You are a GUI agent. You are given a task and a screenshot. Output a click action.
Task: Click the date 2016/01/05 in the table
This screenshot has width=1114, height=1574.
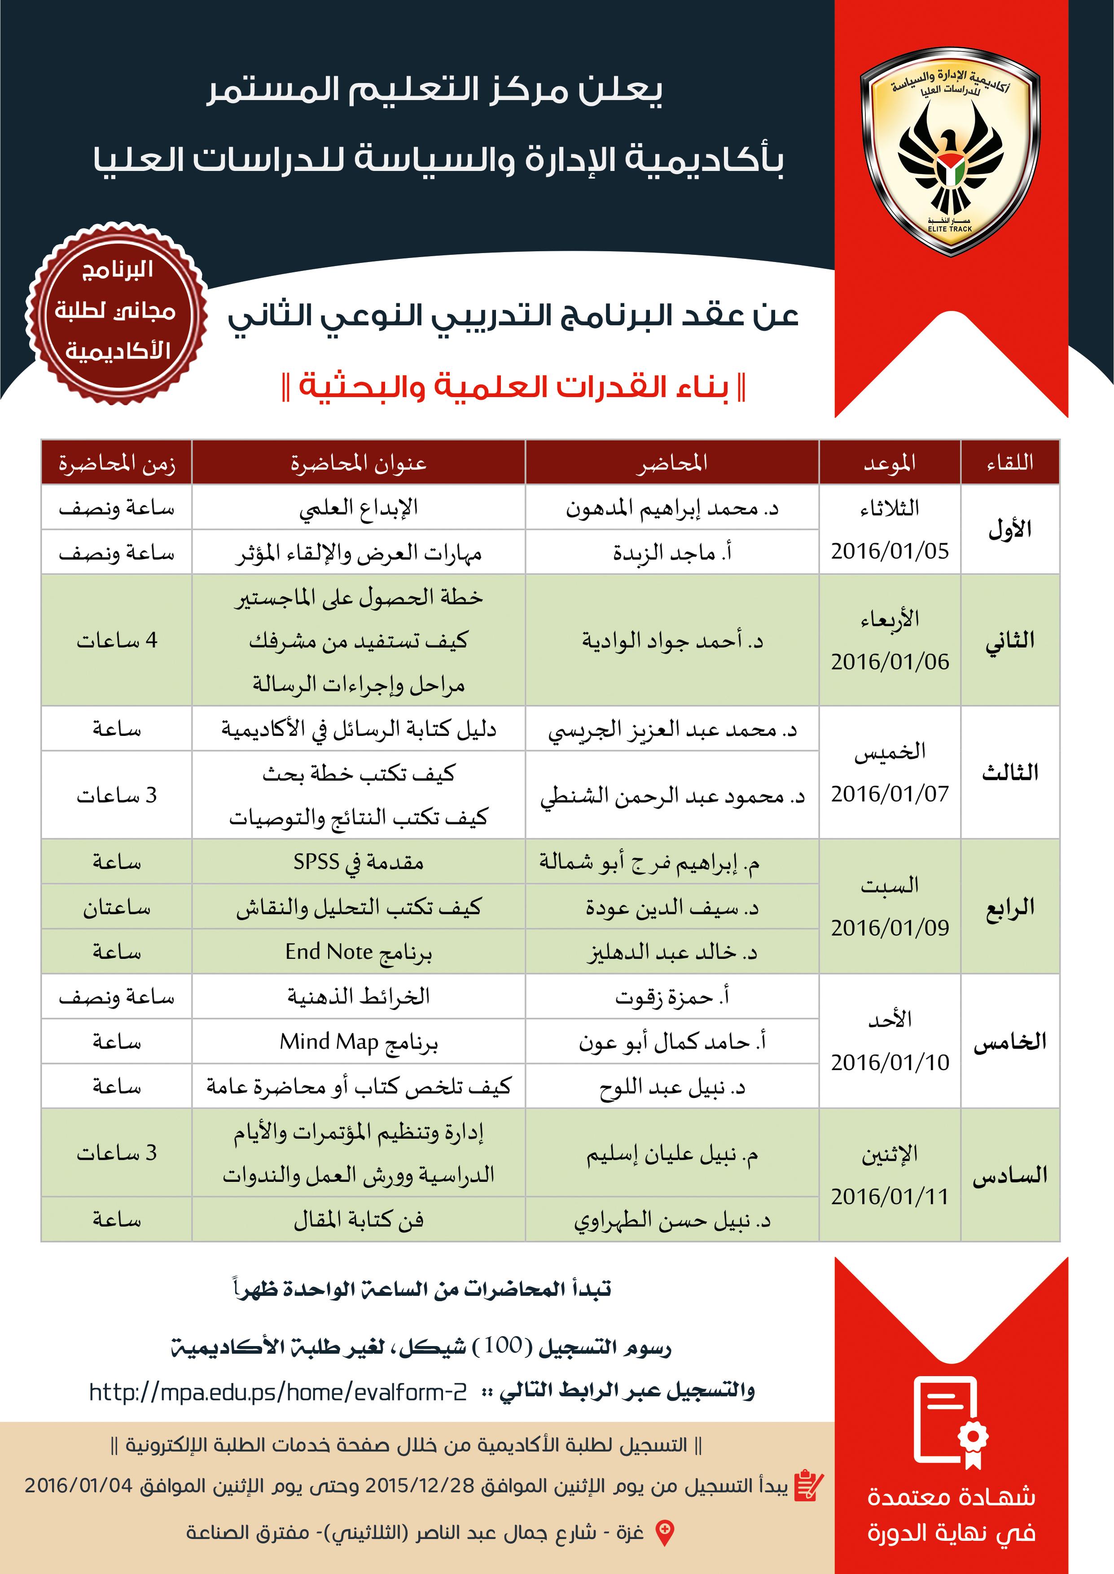pos(890,551)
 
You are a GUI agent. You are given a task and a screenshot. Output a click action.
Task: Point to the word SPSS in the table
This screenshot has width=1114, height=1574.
pos(316,862)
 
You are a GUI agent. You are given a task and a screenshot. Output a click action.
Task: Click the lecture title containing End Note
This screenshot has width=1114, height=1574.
pos(358,952)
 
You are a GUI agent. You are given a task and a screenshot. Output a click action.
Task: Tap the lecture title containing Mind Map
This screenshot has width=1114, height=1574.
pos(358,1042)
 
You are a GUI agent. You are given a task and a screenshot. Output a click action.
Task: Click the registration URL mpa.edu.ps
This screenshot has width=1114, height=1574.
pos(278,1392)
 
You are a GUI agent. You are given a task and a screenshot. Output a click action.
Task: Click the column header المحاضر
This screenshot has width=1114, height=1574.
pos(671,463)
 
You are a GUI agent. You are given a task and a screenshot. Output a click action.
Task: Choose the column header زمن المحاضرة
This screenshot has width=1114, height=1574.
pos(117,463)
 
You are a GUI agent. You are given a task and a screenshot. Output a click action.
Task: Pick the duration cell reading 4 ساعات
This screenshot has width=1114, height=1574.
pos(117,640)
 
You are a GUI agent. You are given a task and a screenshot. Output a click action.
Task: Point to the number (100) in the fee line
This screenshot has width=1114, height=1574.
pos(504,1345)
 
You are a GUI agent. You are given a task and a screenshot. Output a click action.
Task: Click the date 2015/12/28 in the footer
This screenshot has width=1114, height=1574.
pos(419,1486)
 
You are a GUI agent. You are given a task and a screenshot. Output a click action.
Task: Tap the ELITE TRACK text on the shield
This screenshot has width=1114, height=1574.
pos(950,228)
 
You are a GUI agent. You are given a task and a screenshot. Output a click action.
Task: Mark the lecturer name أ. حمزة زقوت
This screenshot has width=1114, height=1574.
pos(671,997)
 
